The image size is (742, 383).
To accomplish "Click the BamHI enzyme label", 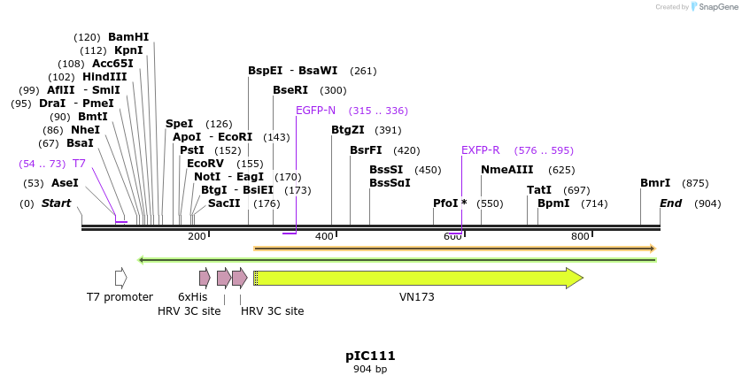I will (x=128, y=37).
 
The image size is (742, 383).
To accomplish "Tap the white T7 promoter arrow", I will (x=120, y=278).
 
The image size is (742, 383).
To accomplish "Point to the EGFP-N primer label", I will (x=315, y=111).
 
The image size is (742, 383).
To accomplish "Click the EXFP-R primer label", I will (x=481, y=150).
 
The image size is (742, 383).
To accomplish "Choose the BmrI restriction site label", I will (x=655, y=183).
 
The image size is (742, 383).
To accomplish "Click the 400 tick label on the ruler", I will (x=325, y=236).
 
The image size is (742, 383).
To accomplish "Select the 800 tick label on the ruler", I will (x=580, y=236).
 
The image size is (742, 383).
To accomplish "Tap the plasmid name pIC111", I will (x=370, y=356).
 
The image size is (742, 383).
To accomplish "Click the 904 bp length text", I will (x=370, y=369).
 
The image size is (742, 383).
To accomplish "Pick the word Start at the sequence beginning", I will (x=56, y=203).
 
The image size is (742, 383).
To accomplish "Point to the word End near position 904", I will (x=671, y=203).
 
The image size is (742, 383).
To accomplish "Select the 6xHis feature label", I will (x=192, y=297).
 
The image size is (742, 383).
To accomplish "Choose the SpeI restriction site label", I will (x=179, y=124).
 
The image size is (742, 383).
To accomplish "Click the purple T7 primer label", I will (x=79, y=164).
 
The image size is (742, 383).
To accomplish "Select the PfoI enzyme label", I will (x=445, y=203).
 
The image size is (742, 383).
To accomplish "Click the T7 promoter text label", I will (x=120, y=297).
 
